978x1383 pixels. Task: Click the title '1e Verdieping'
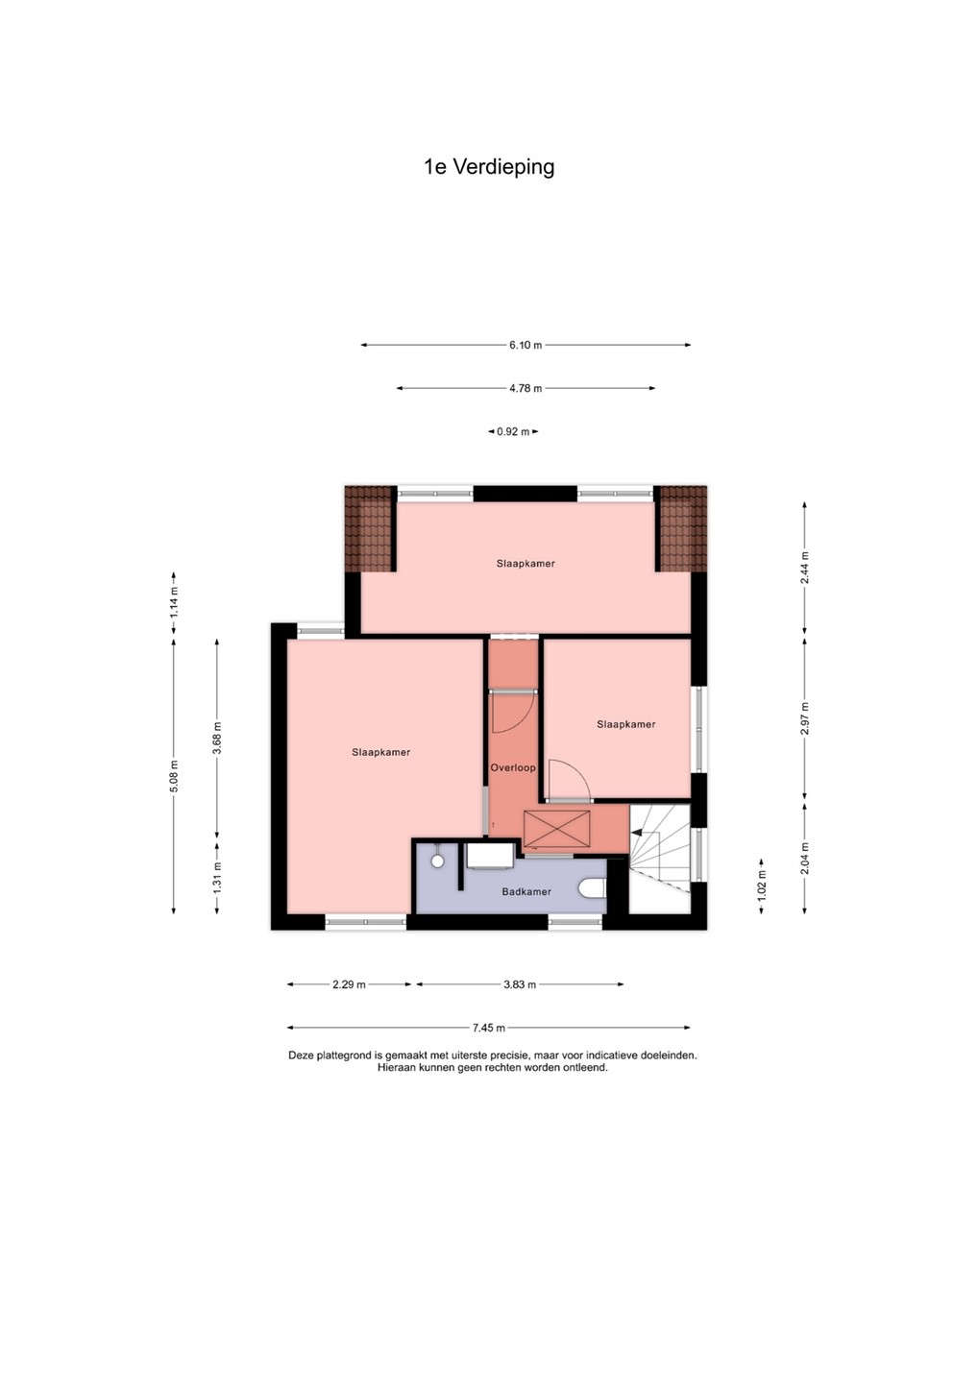click(x=489, y=167)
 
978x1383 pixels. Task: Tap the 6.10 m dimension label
click(x=526, y=345)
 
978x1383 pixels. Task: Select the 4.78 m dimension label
click(x=526, y=388)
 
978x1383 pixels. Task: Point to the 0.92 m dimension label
click(x=513, y=431)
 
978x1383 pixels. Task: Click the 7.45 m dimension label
click(x=489, y=1028)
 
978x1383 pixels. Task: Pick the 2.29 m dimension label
click(x=349, y=984)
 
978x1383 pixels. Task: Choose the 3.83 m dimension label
click(x=520, y=984)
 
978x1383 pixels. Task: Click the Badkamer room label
click(x=526, y=891)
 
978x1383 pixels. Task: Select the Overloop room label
click(x=513, y=768)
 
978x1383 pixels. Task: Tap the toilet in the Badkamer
click(x=592, y=889)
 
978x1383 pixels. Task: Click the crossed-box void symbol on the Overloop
click(x=556, y=829)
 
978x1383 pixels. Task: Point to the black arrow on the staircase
click(x=636, y=833)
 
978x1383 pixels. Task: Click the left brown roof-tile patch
click(x=369, y=529)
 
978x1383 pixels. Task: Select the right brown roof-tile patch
click(x=683, y=529)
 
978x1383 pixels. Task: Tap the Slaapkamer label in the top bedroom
click(x=526, y=563)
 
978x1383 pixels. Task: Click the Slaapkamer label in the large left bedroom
click(x=381, y=752)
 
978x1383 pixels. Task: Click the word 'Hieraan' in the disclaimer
click(x=396, y=1067)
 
